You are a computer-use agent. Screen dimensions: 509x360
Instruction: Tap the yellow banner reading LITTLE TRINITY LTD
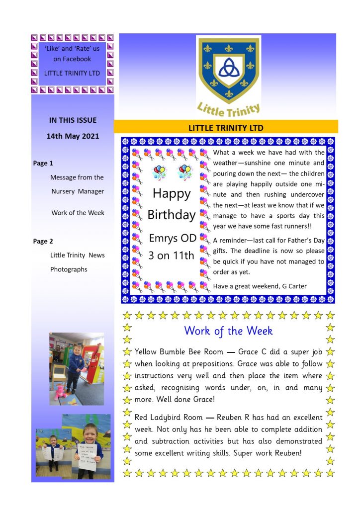pos(226,127)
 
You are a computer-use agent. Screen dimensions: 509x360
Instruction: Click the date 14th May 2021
pos(73,136)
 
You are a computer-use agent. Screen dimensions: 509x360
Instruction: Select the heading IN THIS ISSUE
pos(73,120)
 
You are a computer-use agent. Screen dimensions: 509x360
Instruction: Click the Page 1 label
pos(43,163)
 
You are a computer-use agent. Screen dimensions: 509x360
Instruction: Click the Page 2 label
pos(43,241)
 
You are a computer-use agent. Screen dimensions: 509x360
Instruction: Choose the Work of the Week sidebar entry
pos(78,213)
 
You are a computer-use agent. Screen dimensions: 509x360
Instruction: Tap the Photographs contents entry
pos(69,269)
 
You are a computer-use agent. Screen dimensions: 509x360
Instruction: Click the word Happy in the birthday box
pos(171,193)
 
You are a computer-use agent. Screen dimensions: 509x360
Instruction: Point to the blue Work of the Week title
pos(228,331)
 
